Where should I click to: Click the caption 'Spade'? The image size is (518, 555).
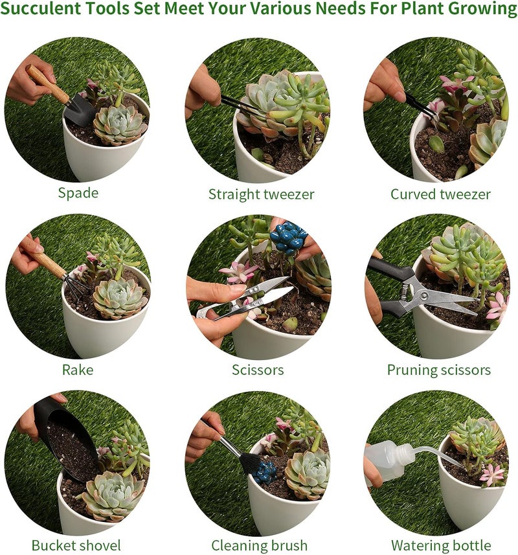(x=78, y=192)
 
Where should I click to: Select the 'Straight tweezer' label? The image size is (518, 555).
(x=261, y=194)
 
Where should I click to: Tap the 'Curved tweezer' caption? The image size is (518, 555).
(x=440, y=194)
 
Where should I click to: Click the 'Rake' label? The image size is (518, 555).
(x=78, y=370)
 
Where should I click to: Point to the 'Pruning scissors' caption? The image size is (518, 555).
(x=438, y=370)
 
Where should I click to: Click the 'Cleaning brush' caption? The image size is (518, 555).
(x=259, y=545)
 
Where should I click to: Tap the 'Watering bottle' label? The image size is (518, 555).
(x=441, y=545)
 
